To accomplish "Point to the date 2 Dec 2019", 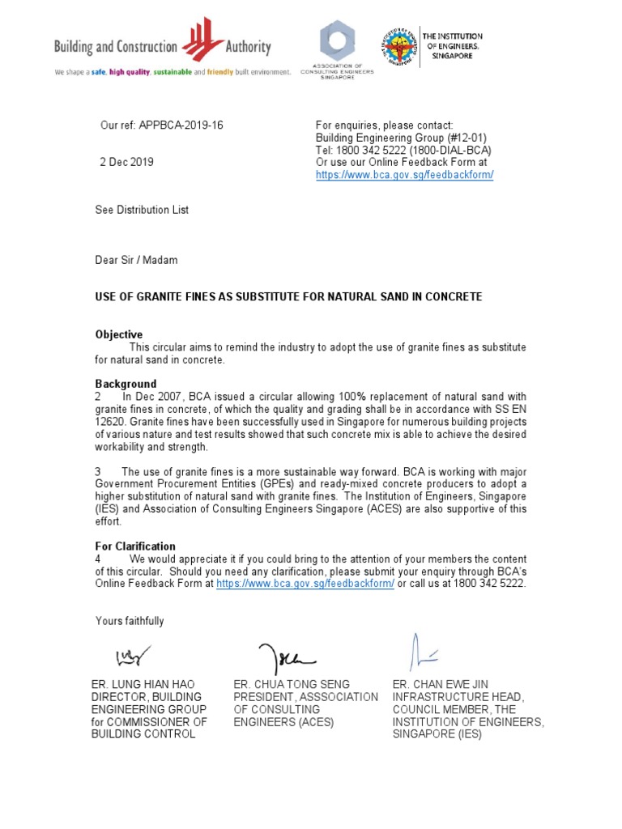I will click(126, 162).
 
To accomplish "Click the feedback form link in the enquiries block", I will click(404, 175).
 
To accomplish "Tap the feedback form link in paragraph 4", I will click(305, 584).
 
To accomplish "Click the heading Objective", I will click(118, 334).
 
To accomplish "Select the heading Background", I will click(126, 384).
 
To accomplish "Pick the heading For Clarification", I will click(135, 546).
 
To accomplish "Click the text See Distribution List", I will click(142, 210).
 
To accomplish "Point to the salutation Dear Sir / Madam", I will click(136, 260).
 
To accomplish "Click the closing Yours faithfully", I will click(130, 621).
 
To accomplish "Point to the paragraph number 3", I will click(98, 472).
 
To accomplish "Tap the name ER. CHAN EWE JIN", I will click(441, 684).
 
